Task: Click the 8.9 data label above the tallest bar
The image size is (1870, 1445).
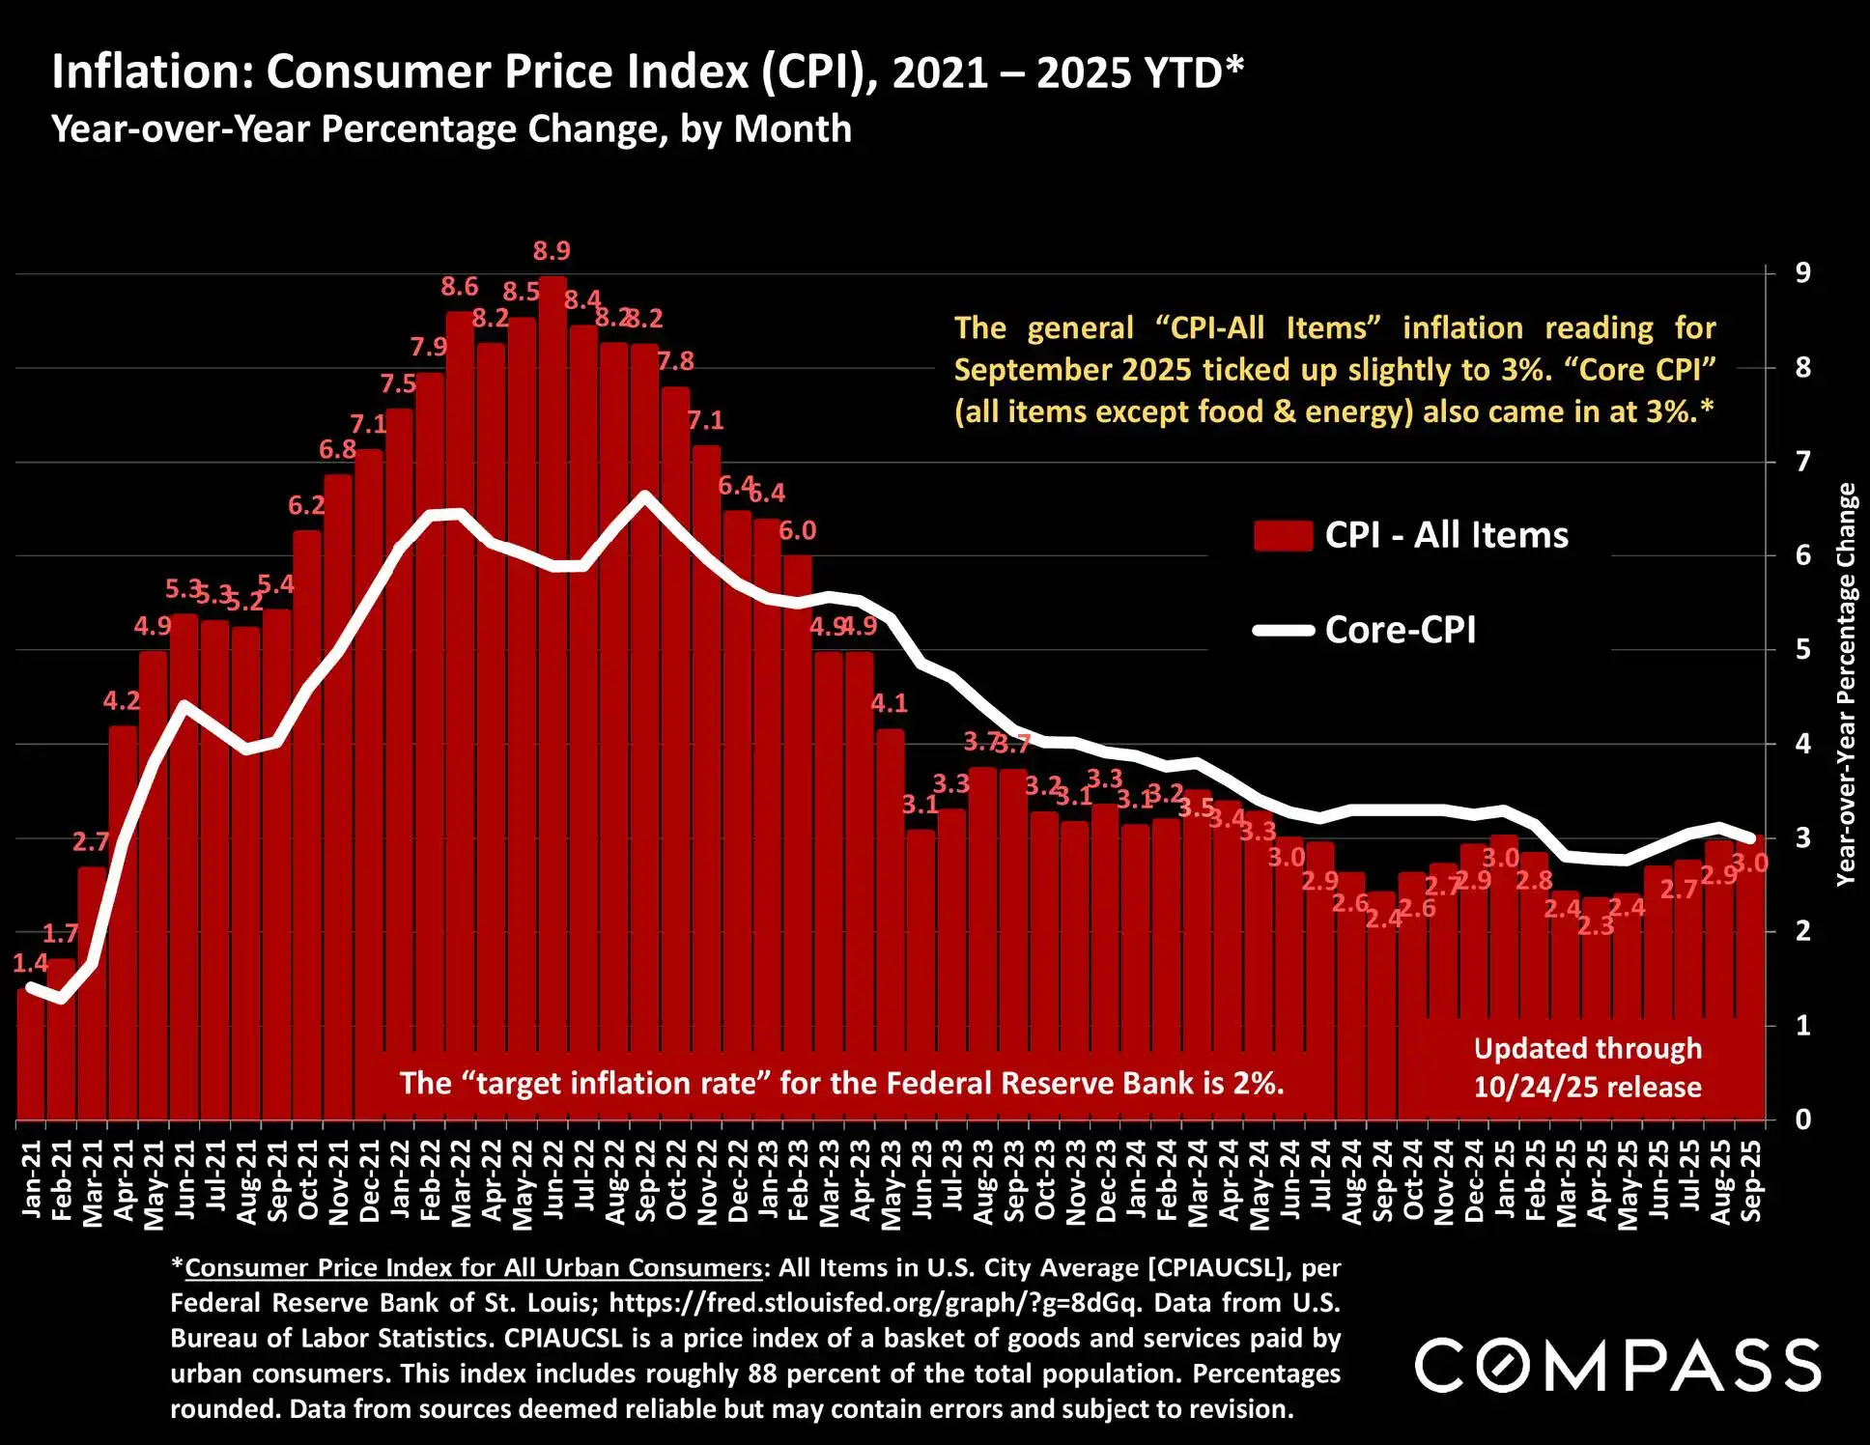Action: click(552, 251)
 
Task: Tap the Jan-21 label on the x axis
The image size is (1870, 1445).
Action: click(32, 1179)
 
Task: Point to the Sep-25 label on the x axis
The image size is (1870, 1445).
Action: click(1750, 1180)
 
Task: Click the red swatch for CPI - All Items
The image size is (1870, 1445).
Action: click(1283, 535)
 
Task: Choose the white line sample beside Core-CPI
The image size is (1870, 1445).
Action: click(1283, 631)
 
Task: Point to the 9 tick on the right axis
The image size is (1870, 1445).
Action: click(1802, 273)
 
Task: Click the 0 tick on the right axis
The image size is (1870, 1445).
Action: click(1802, 1120)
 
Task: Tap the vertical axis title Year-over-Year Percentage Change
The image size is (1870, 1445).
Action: click(1846, 685)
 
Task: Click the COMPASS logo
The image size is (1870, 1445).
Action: click(1618, 1365)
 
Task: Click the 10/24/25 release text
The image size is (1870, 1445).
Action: click(1587, 1088)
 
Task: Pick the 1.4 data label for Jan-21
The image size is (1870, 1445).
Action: click(30, 963)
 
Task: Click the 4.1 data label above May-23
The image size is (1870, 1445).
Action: click(889, 703)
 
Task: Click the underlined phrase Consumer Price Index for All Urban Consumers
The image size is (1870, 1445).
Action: click(473, 1268)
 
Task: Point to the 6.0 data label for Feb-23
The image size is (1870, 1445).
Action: click(798, 530)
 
